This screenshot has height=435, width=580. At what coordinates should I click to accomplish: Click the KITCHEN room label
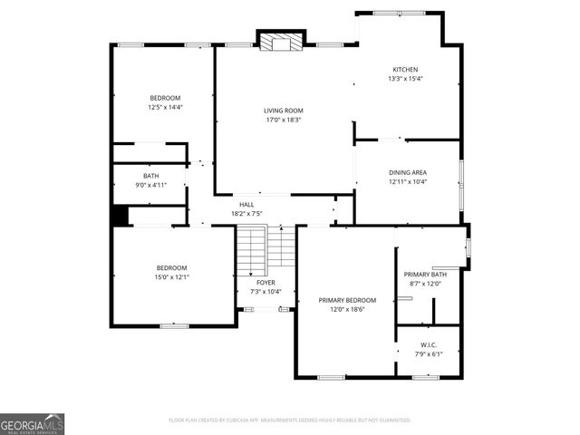[405, 70]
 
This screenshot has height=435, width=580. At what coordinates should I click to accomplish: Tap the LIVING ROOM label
[283, 111]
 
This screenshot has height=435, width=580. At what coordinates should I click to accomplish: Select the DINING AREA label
[407, 172]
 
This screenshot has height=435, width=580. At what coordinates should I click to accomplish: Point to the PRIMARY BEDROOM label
[347, 300]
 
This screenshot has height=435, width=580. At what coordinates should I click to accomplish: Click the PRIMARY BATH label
[425, 275]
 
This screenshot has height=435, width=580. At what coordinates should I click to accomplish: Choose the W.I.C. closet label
[429, 344]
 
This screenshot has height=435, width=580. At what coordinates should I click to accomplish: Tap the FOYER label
[266, 283]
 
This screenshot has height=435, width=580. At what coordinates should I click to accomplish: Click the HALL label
[246, 205]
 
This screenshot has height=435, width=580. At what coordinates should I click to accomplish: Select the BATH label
[150, 176]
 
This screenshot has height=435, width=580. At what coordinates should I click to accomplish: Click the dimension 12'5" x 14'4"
[165, 107]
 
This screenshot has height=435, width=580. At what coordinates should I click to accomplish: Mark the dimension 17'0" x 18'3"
[283, 120]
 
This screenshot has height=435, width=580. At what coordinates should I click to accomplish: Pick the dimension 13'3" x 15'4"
[405, 79]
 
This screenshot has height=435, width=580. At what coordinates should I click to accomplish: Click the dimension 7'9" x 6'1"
[429, 353]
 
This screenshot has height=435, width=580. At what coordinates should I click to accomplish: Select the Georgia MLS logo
[32, 423]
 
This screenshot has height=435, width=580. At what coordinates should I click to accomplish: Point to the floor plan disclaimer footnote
[290, 420]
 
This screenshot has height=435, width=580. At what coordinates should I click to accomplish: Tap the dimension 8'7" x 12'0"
[425, 284]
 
